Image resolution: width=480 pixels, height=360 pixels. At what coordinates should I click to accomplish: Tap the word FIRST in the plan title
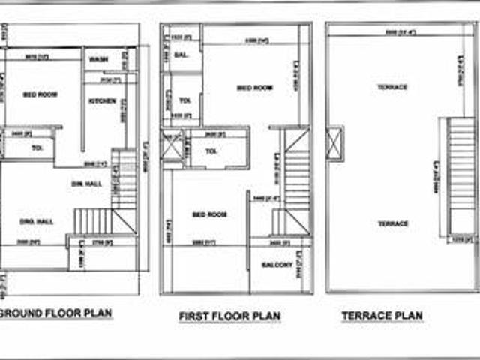click(193, 316)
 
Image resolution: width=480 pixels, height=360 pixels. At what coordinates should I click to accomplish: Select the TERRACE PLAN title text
click(382, 316)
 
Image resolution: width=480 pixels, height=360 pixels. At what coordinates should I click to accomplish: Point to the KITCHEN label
click(100, 100)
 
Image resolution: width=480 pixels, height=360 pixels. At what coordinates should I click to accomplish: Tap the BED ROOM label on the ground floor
click(42, 94)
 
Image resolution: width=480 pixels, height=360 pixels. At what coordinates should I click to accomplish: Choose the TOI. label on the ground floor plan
click(37, 148)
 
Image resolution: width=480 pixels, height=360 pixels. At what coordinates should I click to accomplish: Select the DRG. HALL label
click(36, 221)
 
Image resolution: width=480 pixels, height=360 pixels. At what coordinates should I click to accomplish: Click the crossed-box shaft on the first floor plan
click(172, 145)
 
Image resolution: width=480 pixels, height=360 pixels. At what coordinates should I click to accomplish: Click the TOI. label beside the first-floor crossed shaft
click(211, 151)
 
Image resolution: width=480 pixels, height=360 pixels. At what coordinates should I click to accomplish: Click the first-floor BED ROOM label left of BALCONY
click(210, 215)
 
